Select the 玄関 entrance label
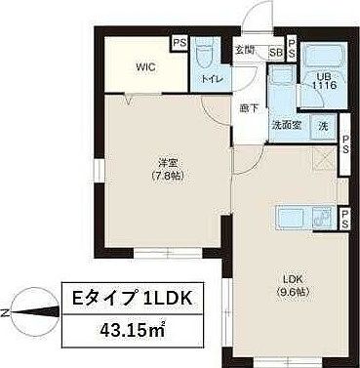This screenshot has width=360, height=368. coord(244,51)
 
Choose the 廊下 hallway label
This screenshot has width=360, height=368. coord(249,108)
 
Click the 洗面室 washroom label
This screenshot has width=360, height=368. coord(285,125)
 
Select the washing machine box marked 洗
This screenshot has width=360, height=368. coord(323,125)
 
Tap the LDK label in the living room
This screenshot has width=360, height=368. coord(292,276)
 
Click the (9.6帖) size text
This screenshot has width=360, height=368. coord(292,290)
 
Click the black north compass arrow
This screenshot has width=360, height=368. coord(29,312)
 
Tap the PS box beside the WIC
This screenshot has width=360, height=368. coord(179,43)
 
